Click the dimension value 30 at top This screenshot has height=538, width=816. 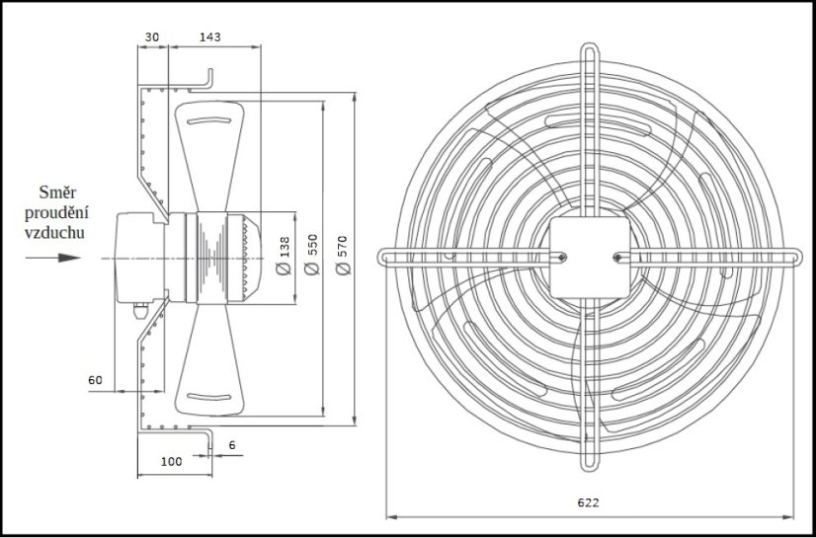pos(151,37)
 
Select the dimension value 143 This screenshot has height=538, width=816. pos(210,37)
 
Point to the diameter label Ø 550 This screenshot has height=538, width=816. pos(314,256)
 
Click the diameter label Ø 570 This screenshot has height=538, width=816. pos(343,256)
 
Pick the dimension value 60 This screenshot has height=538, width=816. pos(96,380)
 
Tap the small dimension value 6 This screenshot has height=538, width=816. pos(232,446)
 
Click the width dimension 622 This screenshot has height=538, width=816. pos(588,502)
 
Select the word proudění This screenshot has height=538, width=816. pos(57,212)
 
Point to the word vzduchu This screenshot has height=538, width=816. pos(57,233)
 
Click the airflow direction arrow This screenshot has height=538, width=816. pos(53,259)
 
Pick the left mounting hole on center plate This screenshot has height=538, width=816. pos(561,259)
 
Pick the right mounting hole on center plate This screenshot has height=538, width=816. pos(617,259)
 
